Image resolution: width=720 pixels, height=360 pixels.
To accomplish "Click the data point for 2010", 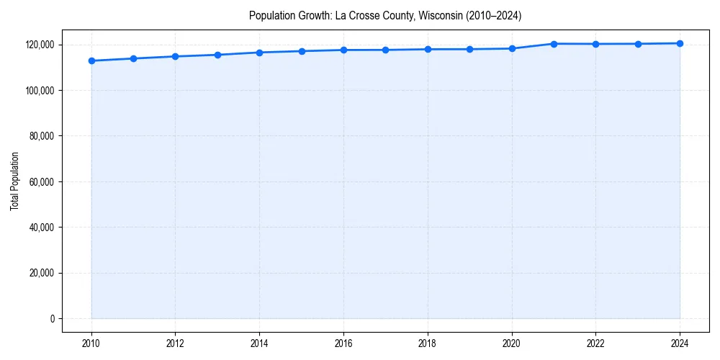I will tap(91, 60).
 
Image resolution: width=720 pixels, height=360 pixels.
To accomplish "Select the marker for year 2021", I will tap(554, 44).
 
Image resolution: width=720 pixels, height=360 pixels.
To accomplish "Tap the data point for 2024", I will tap(680, 43).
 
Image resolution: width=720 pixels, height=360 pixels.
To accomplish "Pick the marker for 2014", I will tap(259, 53).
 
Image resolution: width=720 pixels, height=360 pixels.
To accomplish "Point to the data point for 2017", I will tap(385, 50).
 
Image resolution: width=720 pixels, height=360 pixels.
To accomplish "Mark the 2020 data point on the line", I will tap(512, 49).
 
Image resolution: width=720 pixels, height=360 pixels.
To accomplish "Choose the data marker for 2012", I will tap(175, 56).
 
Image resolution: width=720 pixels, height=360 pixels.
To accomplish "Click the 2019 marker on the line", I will tap(469, 49).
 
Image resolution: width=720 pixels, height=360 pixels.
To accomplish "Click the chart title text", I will tap(384, 15).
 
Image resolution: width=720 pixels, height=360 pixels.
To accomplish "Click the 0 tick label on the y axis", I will tap(51, 318).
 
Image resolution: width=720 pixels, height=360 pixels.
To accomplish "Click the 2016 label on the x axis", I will tap(343, 343).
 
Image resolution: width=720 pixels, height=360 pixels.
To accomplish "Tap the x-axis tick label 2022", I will tap(595, 343).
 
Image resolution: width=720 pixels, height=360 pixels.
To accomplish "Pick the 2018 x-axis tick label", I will tap(428, 343).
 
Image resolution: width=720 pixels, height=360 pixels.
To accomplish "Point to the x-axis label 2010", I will tap(91, 343).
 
